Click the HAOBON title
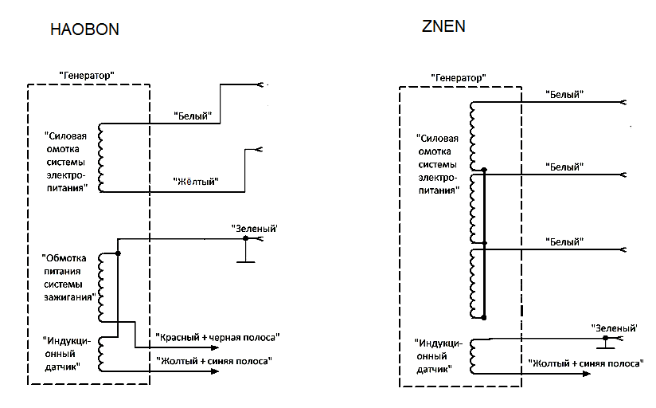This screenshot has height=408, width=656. click(84, 30)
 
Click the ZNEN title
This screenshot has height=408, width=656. click(443, 25)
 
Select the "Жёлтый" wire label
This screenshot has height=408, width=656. click(196, 182)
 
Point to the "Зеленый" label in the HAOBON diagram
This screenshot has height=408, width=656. click(254, 229)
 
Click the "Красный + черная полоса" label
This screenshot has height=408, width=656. click(218, 337)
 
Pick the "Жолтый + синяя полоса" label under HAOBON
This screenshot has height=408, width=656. click(216, 362)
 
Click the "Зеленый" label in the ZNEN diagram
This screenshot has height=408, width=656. click(615, 328)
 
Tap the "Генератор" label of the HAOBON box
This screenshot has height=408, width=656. click(88, 74)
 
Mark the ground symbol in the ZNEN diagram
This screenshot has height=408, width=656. click(606, 345)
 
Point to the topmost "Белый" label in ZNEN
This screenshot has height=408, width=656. click(565, 94)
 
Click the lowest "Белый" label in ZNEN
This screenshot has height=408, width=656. click(565, 241)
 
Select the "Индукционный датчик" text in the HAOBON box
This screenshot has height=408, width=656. click(68, 354)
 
